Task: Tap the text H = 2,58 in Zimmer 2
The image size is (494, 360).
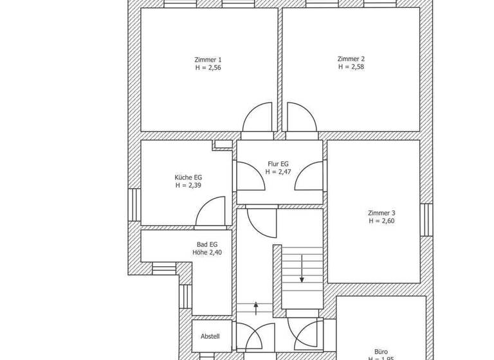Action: click(351, 66)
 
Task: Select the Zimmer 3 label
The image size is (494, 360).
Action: click(381, 213)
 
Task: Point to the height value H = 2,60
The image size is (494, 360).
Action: click(381, 221)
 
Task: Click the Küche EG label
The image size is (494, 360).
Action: click(188, 177)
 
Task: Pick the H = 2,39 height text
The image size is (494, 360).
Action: click(188, 185)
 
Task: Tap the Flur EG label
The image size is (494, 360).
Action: click(280, 164)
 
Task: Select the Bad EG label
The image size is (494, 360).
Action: click(206, 244)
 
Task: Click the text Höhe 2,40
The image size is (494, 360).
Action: click(206, 252)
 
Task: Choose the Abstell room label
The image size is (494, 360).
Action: click(210, 336)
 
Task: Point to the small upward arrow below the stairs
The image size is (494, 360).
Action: click(256, 309)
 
